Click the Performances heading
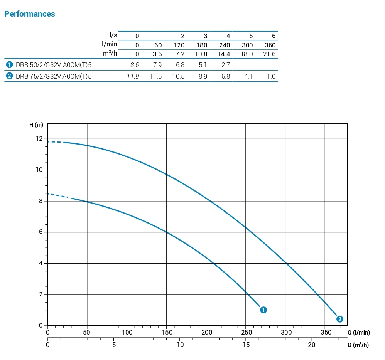tap(29, 14)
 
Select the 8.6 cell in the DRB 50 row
tap(135, 65)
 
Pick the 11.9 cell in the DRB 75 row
tap(133, 76)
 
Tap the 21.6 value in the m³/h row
tap(269, 54)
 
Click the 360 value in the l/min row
tap(270, 45)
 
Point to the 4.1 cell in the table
tap(248, 76)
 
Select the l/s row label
tap(113, 35)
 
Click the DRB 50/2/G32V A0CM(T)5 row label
tap(54, 65)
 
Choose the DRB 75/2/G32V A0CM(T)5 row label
tap(54, 76)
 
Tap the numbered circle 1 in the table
tap(9, 65)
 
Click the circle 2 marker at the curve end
tap(339, 319)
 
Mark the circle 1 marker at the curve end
tap(263, 310)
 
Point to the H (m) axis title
tap(36, 125)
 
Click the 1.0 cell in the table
tap(271, 76)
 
